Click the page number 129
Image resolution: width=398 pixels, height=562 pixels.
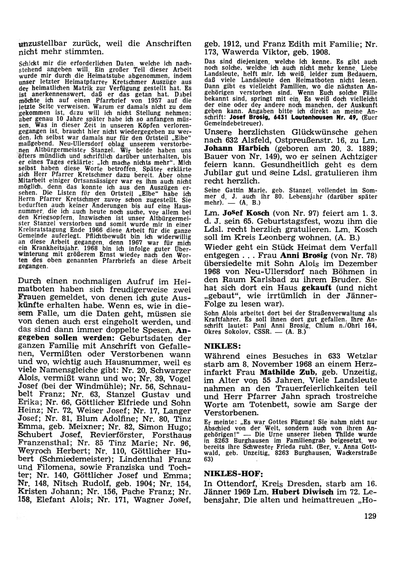click(x=370, y=516)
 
